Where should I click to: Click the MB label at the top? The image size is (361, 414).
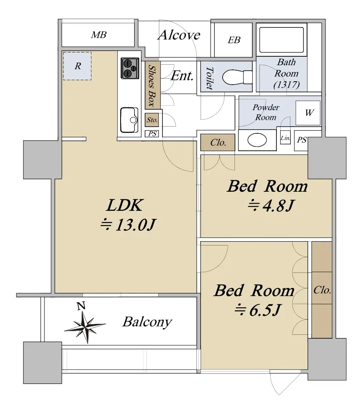[99, 35]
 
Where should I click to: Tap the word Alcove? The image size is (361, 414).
[179, 35]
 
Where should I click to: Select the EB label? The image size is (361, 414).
[234, 40]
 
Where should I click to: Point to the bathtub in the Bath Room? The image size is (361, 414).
[281, 40]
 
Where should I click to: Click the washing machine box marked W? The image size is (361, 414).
[308, 113]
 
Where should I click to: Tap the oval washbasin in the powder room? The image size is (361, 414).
[257, 140]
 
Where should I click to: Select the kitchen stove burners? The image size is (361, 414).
[130, 69]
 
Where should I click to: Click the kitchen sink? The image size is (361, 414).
[129, 120]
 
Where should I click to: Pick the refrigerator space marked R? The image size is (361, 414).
[77, 66]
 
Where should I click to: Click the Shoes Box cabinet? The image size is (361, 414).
[152, 85]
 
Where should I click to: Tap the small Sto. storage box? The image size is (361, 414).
[152, 120]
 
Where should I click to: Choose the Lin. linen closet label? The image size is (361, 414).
[285, 138]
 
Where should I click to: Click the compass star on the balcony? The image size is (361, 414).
[85, 327]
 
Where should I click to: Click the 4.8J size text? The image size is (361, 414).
[271, 206]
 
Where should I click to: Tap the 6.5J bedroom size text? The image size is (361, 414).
[258, 310]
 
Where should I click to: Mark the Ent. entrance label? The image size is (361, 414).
[182, 76]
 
